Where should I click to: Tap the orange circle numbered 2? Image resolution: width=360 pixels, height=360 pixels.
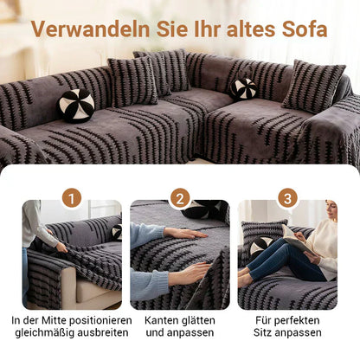[179, 198]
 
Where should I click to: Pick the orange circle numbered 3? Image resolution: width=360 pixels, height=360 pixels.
[288, 198]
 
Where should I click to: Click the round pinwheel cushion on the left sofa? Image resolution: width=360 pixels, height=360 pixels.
[76, 105]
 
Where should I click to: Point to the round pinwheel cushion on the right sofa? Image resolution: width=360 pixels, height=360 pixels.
[243, 88]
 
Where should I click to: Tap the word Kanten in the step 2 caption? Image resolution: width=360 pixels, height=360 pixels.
[162, 319]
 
